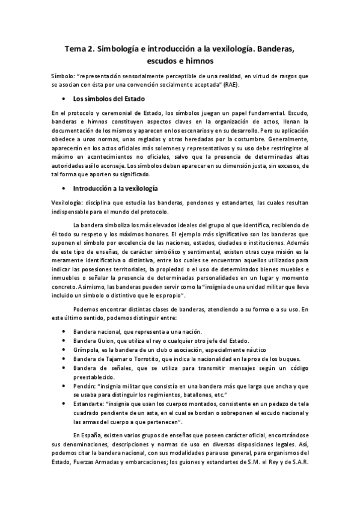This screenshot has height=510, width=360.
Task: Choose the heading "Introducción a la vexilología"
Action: point(115,188)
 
